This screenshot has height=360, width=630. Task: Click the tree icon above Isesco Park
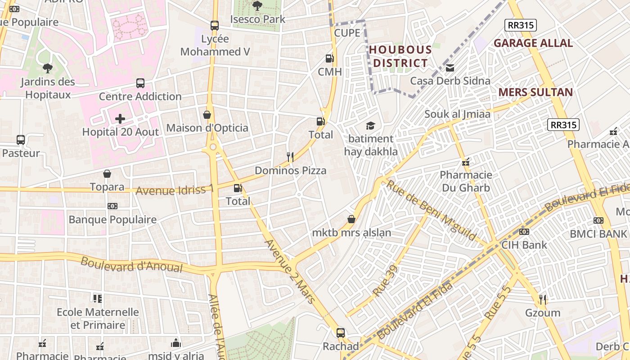pos(257,6)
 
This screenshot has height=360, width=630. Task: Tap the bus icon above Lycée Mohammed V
pos(215,26)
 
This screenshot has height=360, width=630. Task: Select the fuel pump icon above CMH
pos(329,58)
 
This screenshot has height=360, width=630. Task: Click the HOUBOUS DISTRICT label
pos(400,56)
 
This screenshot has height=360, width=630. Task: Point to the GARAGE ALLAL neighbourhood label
pos(533,43)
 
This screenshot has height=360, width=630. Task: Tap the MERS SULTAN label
pos(535,92)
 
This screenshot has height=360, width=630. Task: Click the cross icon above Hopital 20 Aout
pos(120,119)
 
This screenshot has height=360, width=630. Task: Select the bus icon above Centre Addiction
pos(140,83)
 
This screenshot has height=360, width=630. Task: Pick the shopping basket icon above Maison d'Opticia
pos(207,115)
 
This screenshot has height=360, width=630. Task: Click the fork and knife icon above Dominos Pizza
pos(290,157)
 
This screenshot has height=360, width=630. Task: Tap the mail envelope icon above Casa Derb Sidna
pos(450,68)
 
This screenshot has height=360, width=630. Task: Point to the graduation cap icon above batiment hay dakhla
pos(370,126)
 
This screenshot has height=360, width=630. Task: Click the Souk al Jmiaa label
pos(457,114)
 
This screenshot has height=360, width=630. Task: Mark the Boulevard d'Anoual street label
pos(131,264)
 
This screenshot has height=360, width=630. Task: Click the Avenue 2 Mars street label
pos(289,271)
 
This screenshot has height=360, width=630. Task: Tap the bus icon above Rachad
pos(341,333)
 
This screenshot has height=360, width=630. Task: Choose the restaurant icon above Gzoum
pos(543,299)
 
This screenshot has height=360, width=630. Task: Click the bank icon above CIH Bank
pos(524,232)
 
